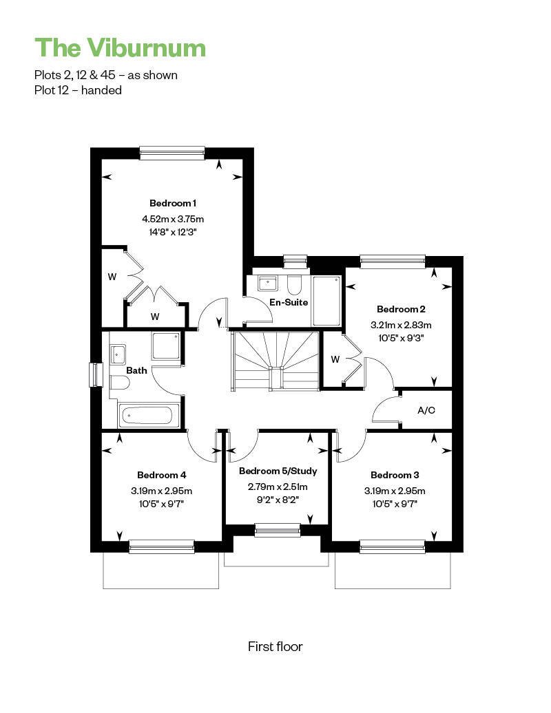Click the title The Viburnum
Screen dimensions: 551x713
[120, 47]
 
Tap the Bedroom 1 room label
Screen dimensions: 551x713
[173, 203]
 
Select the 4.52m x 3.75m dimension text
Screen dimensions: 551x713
[173, 219]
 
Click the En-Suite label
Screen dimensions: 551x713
[289, 302]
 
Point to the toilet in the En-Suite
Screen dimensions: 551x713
[294, 284]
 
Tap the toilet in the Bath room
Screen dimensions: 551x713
[119, 382]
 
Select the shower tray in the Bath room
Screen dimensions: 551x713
[165, 346]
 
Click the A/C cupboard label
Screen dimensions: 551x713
[426, 411]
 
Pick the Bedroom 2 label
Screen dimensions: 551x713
[401, 309]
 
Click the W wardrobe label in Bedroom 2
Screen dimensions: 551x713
[335, 359]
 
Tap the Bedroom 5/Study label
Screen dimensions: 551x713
[278, 471]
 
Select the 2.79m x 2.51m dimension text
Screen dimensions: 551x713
[278, 487]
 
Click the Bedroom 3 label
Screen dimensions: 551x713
[395, 475]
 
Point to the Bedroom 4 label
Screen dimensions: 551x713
[162, 475]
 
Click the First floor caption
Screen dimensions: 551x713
[275, 647]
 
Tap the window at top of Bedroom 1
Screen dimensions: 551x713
[172, 153]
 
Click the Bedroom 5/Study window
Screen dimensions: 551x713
[278, 530]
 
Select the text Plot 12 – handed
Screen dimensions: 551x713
[78, 90]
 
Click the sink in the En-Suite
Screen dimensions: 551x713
[268, 283]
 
